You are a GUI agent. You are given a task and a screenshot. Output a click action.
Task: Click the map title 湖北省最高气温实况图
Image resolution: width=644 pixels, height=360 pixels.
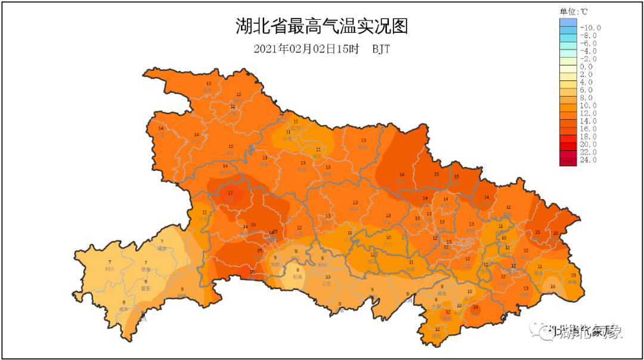(321, 27)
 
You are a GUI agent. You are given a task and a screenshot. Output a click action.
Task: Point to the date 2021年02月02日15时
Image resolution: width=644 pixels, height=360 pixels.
(306, 49)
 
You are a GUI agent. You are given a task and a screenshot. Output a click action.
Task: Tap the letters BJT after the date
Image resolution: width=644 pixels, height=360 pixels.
(381, 49)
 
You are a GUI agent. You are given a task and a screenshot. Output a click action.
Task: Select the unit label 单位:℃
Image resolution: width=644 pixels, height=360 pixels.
(573, 11)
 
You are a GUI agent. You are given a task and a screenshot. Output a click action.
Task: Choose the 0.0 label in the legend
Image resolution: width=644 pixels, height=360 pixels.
(587, 67)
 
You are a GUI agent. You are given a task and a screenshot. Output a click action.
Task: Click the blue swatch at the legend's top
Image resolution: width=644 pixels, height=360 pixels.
(568, 23)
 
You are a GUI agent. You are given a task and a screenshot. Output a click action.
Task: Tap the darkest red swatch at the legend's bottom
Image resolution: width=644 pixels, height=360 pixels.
(568, 160)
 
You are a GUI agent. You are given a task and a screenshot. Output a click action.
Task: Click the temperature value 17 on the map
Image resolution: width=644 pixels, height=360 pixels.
(231, 193)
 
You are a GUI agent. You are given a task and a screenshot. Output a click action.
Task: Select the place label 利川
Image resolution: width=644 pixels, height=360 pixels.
(110, 269)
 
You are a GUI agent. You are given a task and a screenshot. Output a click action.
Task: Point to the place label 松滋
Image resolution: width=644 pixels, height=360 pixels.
(297, 277)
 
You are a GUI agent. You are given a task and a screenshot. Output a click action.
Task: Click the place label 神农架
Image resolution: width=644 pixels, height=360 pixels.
(226, 173)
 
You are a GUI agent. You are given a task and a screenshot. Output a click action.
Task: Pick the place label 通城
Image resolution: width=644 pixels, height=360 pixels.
(438, 336)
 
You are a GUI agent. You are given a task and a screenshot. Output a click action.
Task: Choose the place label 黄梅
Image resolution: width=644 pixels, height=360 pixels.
(572, 282)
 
